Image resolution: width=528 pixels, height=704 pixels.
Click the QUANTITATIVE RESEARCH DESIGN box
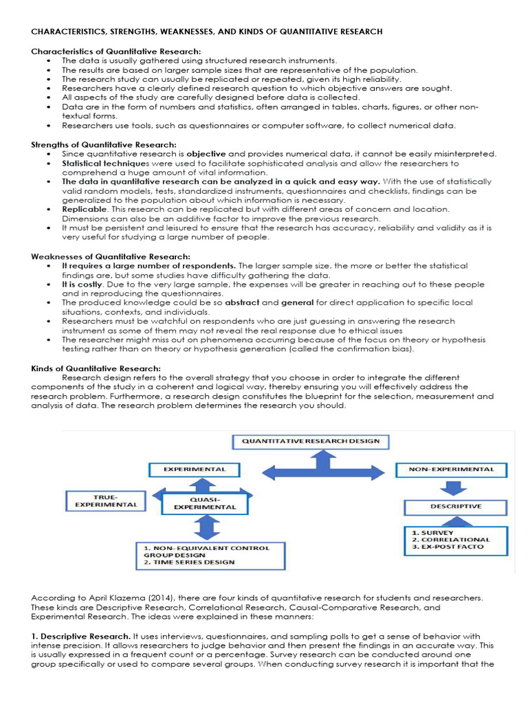pyautogui.click(x=306, y=441)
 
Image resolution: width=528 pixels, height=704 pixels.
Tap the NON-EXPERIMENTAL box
pyautogui.click(x=451, y=470)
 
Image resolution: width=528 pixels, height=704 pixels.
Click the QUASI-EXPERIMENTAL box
pyautogui.click(x=204, y=503)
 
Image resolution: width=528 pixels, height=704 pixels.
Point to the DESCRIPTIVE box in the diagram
pyautogui.click(x=456, y=507)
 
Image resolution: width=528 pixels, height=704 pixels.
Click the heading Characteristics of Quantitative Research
pyautogui.click(x=116, y=52)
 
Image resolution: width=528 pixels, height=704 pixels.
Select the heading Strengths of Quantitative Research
pyautogui.click(x=104, y=145)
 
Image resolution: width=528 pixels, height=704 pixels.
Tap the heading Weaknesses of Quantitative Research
pyautogui.click(x=110, y=256)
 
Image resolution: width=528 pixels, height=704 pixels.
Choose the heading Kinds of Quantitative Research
pyautogui.click(x=96, y=368)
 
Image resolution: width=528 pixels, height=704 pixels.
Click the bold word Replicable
pyautogui.click(x=84, y=209)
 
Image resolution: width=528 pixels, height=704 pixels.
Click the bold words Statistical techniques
pyautogui.click(x=98, y=164)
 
